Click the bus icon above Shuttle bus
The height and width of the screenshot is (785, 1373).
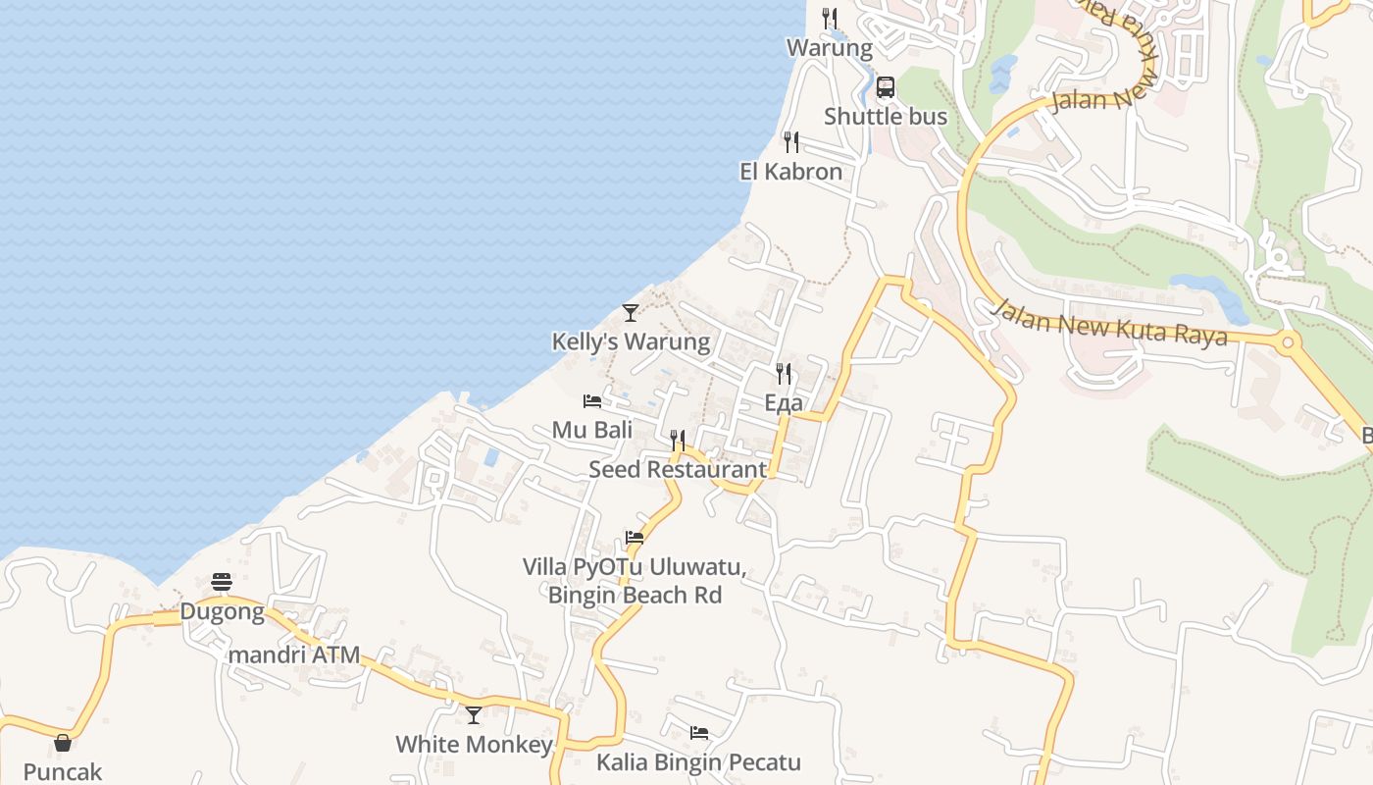click(886, 87)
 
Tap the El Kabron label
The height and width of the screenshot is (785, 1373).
click(790, 172)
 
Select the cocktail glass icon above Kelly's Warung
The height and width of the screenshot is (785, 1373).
click(631, 313)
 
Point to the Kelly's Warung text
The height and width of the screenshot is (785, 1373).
click(631, 341)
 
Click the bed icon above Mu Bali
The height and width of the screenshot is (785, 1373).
click(592, 401)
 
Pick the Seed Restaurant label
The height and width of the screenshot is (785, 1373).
click(678, 469)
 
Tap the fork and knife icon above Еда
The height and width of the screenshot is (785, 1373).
click(784, 374)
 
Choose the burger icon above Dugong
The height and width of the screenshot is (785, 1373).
click(222, 583)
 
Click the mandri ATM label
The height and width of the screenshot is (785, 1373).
click(294, 654)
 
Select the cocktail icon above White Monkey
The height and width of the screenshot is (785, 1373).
click(474, 715)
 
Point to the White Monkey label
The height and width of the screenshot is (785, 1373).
click(474, 745)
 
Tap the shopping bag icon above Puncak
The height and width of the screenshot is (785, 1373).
click(63, 743)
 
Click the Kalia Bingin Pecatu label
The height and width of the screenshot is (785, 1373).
click(699, 762)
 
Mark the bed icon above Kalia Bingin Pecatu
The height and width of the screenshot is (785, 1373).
click(699, 733)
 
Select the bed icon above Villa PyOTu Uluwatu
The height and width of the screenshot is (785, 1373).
click(635, 538)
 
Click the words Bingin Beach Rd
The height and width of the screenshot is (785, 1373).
click(635, 595)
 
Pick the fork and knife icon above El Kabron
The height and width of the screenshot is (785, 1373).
click(791, 142)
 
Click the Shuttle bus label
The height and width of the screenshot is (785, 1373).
click(886, 117)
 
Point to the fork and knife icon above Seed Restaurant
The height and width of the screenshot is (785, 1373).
click(678, 440)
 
